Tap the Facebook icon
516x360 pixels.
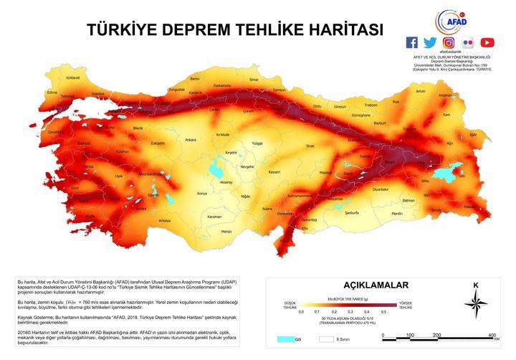pyautogui.click(x=412, y=42)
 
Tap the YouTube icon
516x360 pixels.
pyautogui.click(x=487, y=42)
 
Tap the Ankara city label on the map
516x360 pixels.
pyautogui.click(x=191, y=140)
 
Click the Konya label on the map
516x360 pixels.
pyautogui.click(x=202, y=194)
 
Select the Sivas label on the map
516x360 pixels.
pyautogui.click(x=310, y=146)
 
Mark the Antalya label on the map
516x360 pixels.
pyautogui.click(x=164, y=220)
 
